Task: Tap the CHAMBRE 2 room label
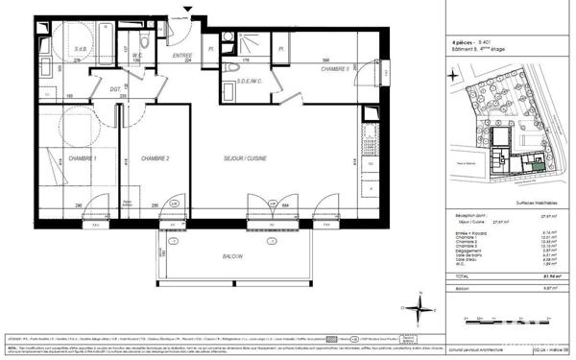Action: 154,157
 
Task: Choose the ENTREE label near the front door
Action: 182,56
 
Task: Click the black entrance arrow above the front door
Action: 188,11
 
